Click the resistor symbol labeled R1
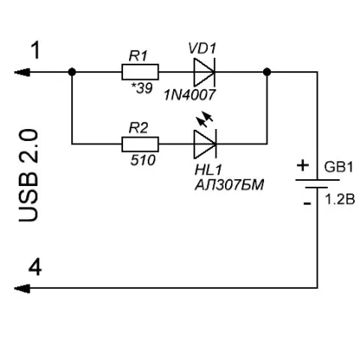click(x=140, y=72)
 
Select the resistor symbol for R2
click(x=140, y=144)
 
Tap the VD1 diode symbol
click(x=205, y=72)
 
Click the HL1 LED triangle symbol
click(x=205, y=144)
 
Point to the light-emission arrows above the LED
click(x=205, y=119)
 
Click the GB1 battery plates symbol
click(x=318, y=183)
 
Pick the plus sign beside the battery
click(x=302, y=166)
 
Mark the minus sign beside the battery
click(x=307, y=203)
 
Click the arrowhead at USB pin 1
click(x=22, y=72)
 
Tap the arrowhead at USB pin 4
click(x=22, y=289)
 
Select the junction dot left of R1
click(x=72, y=72)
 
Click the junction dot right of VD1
click(x=267, y=72)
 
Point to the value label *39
click(x=142, y=88)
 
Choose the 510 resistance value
click(x=143, y=160)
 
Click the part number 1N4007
click(x=190, y=95)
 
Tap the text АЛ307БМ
click(x=229, y=185)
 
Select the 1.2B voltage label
click(x=340, y=200)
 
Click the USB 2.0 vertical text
click(x=28, y=176)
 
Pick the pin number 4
click(x=35, y=267)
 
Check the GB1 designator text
click(x=339, y=167)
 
